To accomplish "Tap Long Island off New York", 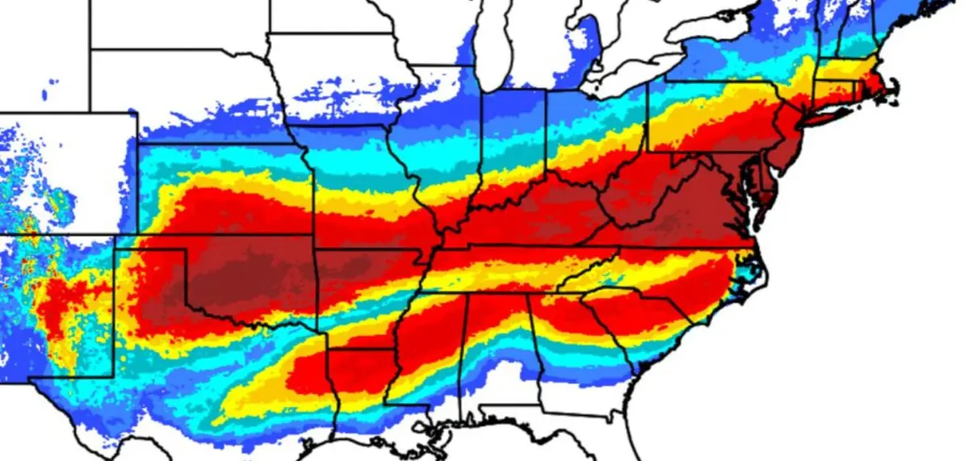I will (832, 114).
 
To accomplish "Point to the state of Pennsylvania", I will (711, 117).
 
